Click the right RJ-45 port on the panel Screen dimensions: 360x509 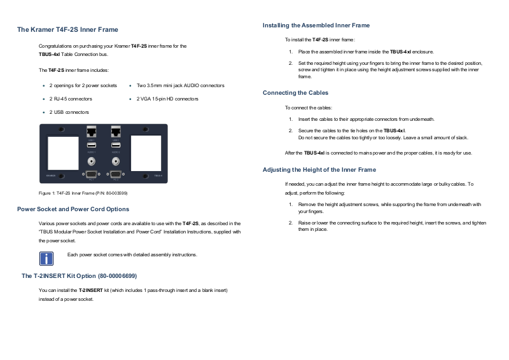coord(116,133)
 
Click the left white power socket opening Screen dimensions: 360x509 coord(61,152)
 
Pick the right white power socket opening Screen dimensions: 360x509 coord(146,152)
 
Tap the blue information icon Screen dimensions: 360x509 coord(46,258)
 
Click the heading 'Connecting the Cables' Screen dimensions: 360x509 coord(295,93)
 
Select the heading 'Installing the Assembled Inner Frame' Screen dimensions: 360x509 coord(316,25)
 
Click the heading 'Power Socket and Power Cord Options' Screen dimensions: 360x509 coord(73,209)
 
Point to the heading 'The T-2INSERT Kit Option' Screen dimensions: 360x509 coord(79,276)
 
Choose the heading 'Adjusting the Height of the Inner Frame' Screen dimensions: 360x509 coord(319,170)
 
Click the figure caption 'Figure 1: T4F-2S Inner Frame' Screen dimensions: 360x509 coord(83,193)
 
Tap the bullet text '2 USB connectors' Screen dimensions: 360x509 coord(69,112)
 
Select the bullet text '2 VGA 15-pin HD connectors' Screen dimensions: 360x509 coord(167,99)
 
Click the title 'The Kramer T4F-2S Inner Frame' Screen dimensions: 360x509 coord(67,30)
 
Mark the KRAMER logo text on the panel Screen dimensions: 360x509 coord(51,176)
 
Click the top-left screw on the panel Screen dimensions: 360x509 coord(61,129)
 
